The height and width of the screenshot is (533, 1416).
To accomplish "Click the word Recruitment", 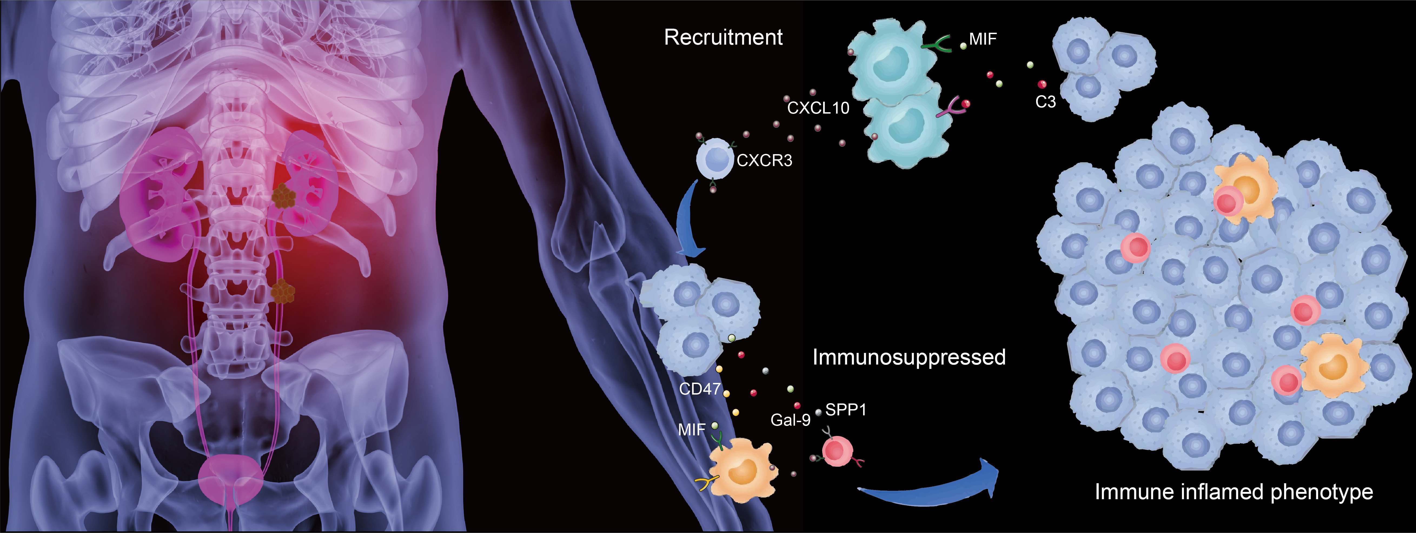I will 723,37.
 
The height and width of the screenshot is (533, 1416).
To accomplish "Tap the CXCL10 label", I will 818,108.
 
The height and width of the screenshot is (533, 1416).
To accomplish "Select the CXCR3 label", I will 764,160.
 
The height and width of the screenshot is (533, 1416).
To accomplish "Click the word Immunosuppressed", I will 909,357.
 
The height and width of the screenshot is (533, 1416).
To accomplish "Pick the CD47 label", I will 699,389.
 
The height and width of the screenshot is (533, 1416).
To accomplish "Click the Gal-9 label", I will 790,420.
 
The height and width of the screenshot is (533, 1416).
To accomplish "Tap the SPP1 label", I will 845,410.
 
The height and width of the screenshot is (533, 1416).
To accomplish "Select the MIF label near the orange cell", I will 692,430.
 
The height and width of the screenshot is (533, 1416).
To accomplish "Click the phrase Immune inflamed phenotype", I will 1233,492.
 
